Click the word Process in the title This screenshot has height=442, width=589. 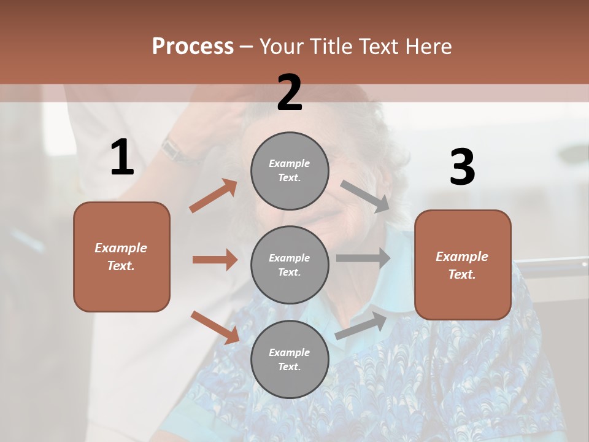193,47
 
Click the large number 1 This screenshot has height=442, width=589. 122,158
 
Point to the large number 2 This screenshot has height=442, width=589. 290,93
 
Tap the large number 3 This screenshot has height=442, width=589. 462,168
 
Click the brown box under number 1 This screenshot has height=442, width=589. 121,257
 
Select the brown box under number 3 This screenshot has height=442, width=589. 463,265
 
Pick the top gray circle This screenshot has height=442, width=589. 290,171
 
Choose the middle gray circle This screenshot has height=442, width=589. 290,265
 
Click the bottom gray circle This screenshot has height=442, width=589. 290,359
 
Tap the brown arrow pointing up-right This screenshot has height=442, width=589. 213,196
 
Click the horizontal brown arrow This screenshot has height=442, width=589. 215,260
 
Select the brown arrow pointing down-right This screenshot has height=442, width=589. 214,327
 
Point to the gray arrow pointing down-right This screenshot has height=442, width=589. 365,196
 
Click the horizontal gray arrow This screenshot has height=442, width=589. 363,258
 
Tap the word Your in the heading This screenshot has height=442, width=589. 283,47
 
